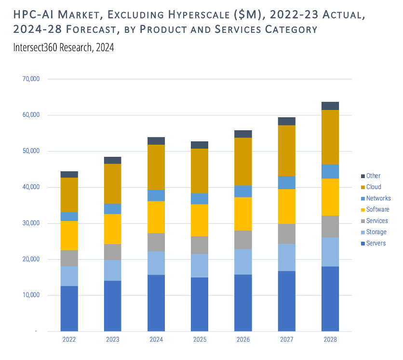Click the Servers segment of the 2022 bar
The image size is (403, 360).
point(69,308)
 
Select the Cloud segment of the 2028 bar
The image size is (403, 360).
point(330,137)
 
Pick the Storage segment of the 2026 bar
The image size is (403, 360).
point(243,262)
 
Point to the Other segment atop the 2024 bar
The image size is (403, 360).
point(156,141)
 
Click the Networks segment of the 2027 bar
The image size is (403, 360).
point(287,182)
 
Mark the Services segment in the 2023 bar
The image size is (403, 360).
point(113,252)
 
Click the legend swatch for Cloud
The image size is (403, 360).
point(363,187)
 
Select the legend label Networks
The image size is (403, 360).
point(378,198)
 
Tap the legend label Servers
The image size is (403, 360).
point(376,243)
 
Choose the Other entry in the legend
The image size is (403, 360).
point(373,176)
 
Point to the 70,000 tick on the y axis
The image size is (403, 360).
point(31,79)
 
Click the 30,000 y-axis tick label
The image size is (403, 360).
point(31,223)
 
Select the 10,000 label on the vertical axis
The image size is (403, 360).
point(31,295)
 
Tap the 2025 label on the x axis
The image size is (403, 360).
point(200,340)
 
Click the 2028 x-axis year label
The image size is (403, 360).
point(330,340)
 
